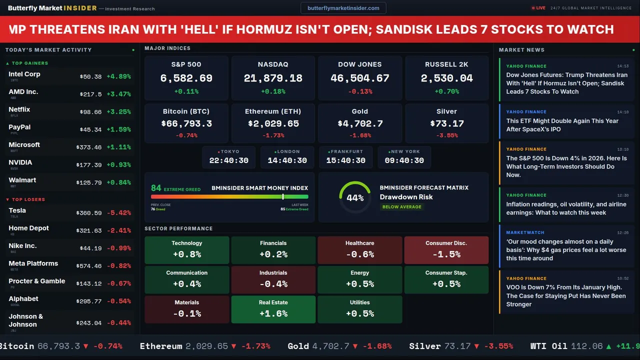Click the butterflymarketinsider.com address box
click(x=343, y=8)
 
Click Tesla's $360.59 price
click(x=90, y=213)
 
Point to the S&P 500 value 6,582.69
click(x=186, y=78)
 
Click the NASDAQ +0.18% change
click(x=273, y=91)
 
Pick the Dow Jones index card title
click(x=359, y=64)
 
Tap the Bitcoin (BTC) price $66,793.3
click(x=186, y=123)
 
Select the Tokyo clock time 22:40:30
click(x=228, y=160)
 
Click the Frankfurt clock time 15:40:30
click(x=345, y=160)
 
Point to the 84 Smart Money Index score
click(x=156, y=188)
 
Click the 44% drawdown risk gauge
click(x=355, y=197)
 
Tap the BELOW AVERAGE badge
click(x=401, y=206)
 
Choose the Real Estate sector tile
click(x=273, y=309)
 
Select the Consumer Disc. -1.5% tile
click(x=446, y=249)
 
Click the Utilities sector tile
click(x=359, y=309)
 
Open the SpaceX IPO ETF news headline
click(x=562, y=125)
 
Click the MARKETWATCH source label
click(x=525, y=232)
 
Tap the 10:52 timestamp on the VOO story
click(x=622, y=278)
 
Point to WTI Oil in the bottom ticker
click(x=548, y=346)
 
